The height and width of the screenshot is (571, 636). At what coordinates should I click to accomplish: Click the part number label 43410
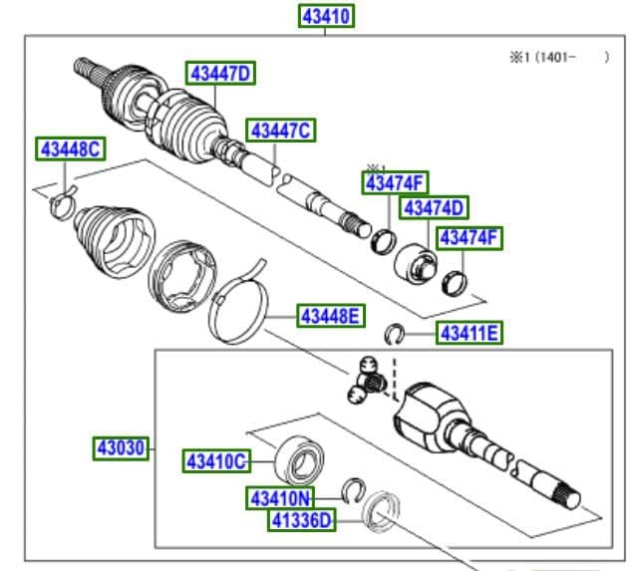coord(327,17)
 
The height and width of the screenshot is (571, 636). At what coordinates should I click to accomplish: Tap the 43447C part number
coord(281,131)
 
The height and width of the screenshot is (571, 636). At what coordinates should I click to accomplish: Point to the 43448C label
coord(70,150)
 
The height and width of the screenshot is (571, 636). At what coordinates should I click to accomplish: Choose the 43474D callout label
coord(434,207)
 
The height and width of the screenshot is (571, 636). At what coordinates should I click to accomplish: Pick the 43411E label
coord(469,333)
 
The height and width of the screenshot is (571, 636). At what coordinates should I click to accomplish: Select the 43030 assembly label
coord(122,448)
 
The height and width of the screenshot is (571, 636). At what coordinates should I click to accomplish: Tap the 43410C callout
coord(214,461)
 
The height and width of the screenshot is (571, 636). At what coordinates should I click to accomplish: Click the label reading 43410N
coord(280,497)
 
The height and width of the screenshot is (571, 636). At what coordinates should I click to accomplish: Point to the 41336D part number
coord(302,520)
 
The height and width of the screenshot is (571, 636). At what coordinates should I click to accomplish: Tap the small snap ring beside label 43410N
coord(351,487)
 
